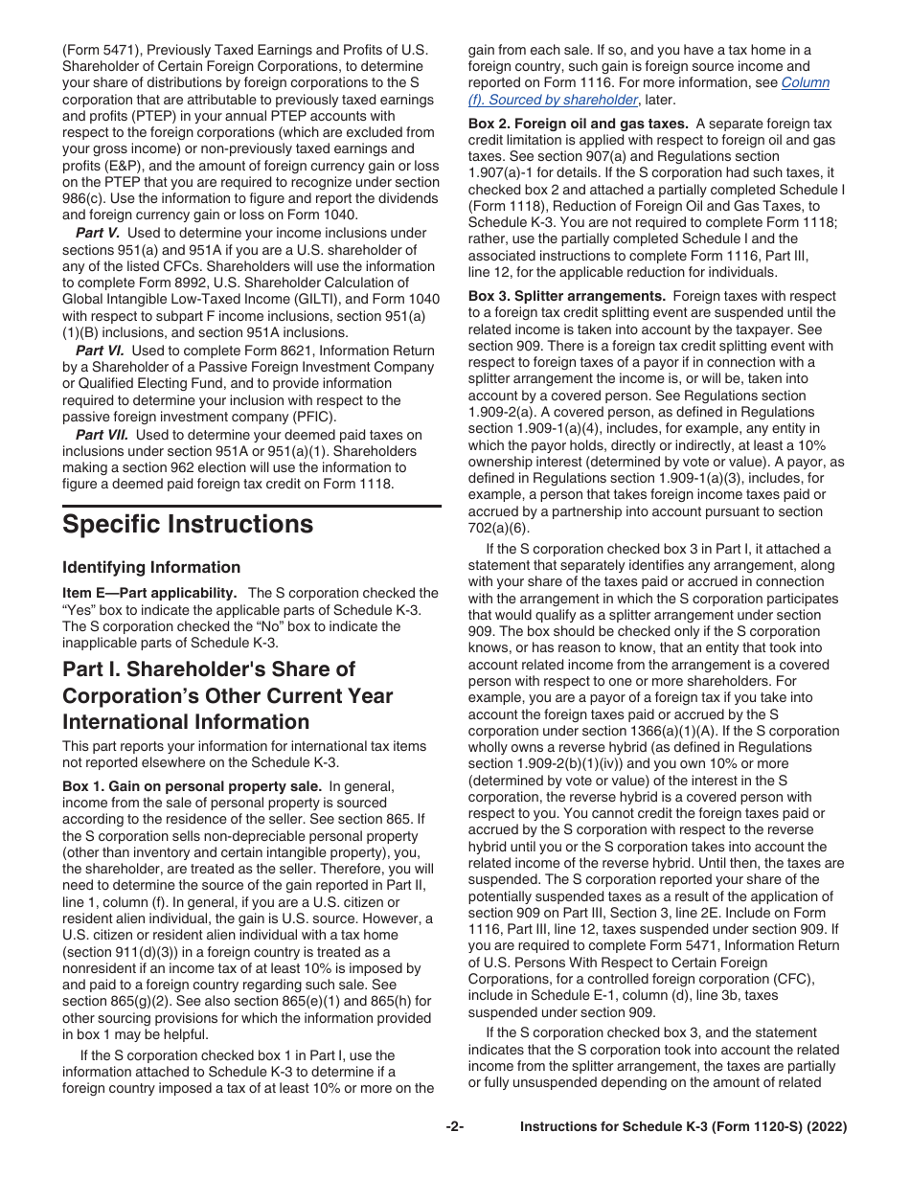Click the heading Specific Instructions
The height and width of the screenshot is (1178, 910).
[x=188, y=525]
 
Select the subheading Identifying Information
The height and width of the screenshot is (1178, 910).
[x=151, y=567]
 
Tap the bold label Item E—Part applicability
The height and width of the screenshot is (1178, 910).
[x=150, y=593]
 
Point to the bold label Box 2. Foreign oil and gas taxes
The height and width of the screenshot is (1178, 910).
[x=578, y=124]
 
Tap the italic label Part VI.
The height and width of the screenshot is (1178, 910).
[x=100, y=351]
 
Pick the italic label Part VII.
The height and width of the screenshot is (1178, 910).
[x=102, y=434]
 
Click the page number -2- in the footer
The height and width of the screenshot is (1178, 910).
[x=455, y=1127]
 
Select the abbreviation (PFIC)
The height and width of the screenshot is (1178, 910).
[x=312, y=417]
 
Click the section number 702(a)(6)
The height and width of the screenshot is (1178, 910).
[x=498, y=529]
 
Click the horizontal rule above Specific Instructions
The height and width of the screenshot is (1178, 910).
[x=252, y=506]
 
